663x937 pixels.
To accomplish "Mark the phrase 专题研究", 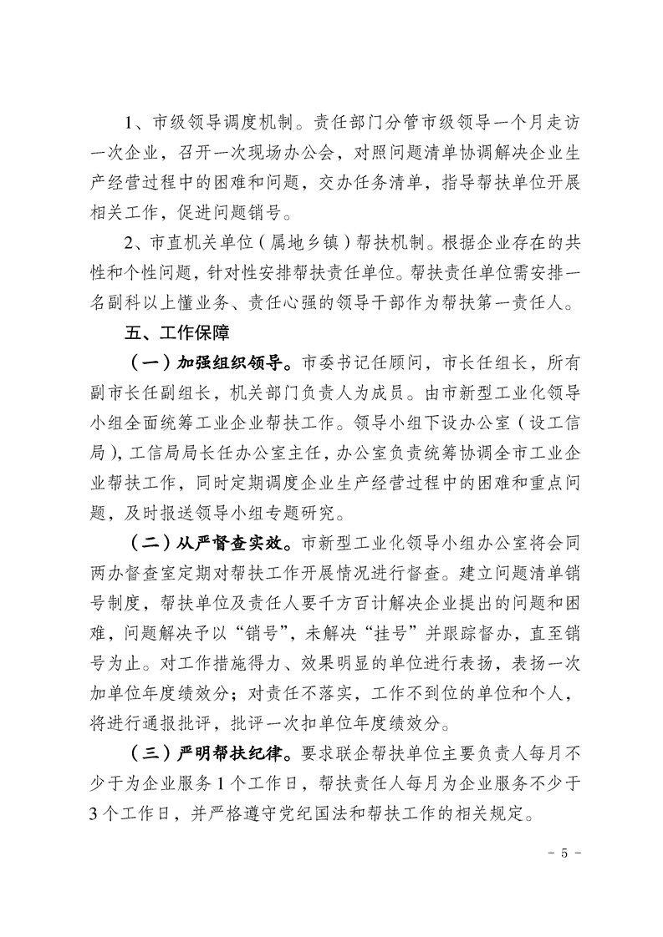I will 312,508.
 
